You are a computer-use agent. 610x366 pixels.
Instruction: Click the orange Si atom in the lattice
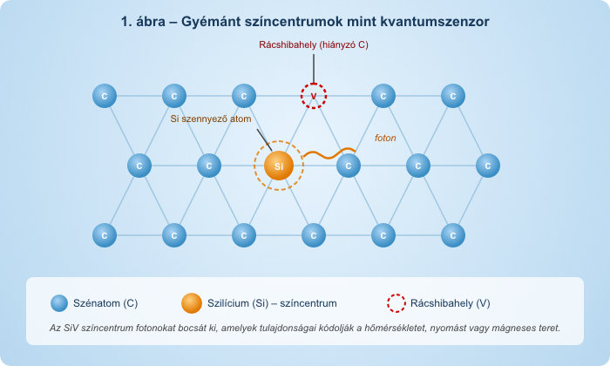[279, 165]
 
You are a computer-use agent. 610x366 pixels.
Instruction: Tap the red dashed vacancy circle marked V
[314, 95]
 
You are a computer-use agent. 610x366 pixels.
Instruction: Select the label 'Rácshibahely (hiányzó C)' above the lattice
[314, 44]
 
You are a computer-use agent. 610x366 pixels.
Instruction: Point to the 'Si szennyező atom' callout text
[210, 119]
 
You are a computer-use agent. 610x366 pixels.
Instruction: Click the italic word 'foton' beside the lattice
[385, 138]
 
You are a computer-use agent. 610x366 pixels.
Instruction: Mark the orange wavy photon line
[329, 154]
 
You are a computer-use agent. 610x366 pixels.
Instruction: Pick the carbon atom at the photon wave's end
[349, 165]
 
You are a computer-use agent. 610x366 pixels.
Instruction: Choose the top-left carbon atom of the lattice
[105, 95]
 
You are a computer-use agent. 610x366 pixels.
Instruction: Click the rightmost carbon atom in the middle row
[488, 165]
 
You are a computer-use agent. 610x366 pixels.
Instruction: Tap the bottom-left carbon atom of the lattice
[105, 234]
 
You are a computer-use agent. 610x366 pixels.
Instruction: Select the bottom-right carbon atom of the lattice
[453, 234]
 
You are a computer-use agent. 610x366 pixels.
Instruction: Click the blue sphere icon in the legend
[59, 303]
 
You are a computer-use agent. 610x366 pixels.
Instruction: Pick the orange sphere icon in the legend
[192, 303]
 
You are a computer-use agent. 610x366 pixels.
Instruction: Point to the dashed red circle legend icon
[396, 303]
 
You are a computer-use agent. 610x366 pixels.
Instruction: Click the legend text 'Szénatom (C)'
[107, 303]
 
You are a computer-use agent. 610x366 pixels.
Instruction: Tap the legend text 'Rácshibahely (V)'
[451, 303]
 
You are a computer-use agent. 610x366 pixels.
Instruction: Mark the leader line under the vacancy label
[314, 67]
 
